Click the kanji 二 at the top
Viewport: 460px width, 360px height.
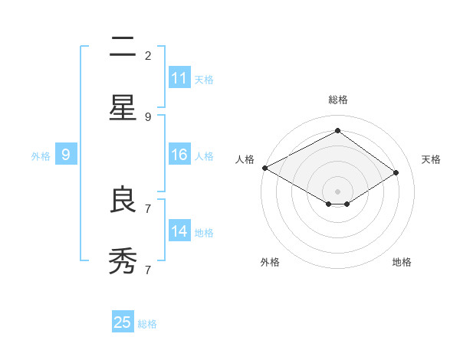point(123,47)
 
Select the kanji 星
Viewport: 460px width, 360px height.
point(123,108)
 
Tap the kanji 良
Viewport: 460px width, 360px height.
point(123,200)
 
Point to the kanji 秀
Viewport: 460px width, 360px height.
point(123,261)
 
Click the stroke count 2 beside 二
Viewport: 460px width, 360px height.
point(148,56)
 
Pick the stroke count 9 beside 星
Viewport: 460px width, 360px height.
point(148,117)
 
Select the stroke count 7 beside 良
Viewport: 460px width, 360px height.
point(148,208)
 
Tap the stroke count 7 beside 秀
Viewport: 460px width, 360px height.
point(148,270)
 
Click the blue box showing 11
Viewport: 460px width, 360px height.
point(179,78)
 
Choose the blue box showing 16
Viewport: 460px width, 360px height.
point(179,155)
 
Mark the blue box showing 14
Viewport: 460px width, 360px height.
point(179,231)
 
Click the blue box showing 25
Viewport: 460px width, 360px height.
point(123,322)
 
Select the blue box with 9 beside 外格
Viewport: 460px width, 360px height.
point(66,155)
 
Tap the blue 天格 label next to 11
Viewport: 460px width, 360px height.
point(204,79)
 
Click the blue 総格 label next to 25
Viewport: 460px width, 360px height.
point(147,324)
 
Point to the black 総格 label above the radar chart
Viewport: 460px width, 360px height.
point(338,100)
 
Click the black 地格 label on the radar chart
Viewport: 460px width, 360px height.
point(402,262)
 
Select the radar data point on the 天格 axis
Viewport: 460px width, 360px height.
point(396,173)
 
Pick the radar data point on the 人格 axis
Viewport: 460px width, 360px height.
point(264,168)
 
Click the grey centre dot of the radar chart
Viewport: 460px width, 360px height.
point(338,191)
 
